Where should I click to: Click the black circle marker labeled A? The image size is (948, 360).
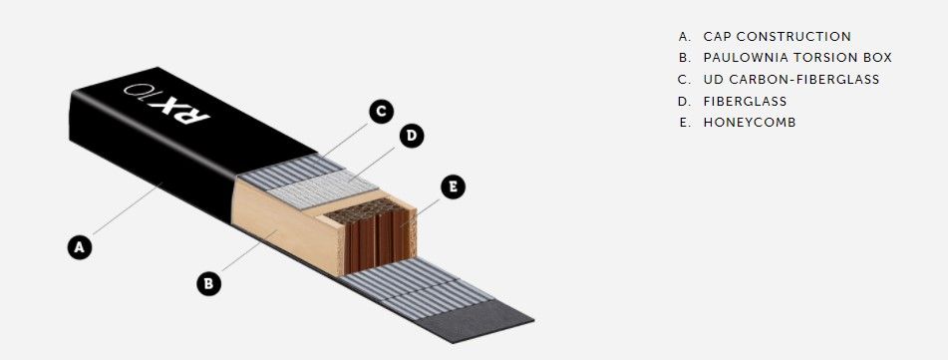click(79, 247)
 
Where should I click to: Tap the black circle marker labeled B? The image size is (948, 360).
click(208, 283)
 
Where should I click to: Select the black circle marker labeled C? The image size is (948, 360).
click(381, 112)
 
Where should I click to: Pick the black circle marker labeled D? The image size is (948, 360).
click(411, 136)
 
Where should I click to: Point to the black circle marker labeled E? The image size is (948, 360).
click(453, 186)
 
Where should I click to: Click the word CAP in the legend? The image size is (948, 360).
click(716, 36)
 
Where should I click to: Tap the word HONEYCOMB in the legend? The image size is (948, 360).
click(750, 123)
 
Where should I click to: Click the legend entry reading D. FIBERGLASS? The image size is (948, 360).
click(733, 101)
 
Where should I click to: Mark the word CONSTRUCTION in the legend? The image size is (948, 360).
click(793, 36)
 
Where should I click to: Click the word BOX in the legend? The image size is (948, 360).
click(879, 58)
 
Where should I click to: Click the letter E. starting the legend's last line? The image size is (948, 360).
click(685, 123)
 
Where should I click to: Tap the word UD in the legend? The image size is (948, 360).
click(712, 79)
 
